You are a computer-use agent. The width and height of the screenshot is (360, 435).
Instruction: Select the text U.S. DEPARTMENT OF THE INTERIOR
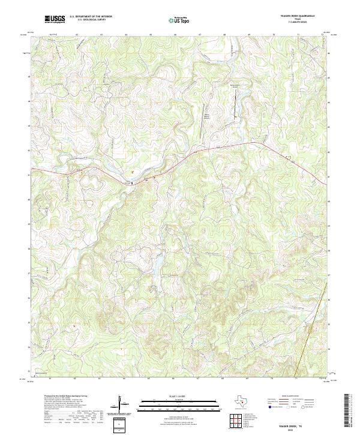tap(91, 17)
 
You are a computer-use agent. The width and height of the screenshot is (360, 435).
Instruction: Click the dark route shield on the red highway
tap(132, 183)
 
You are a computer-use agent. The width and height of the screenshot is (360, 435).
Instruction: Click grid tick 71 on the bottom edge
tap(296, 379)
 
